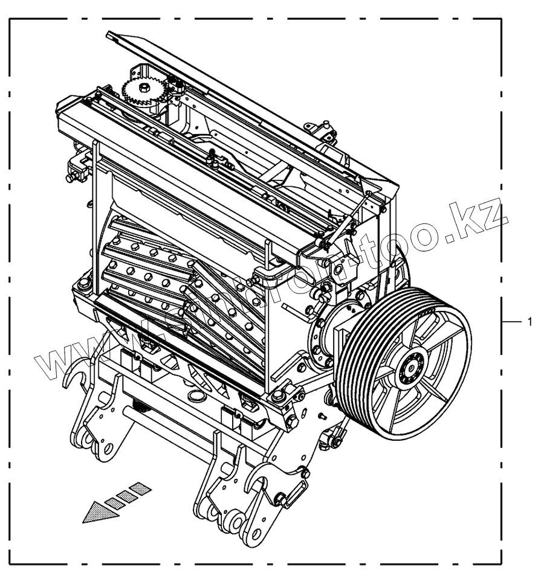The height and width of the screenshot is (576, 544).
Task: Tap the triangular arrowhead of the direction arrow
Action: tap(97, 513)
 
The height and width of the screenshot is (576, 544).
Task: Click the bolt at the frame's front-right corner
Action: tap(279, 395)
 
